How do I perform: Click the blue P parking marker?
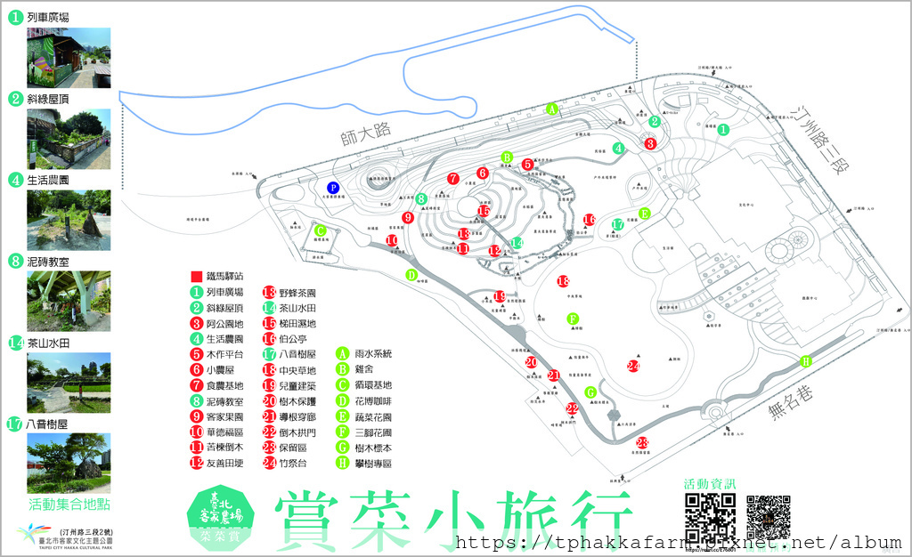(333, 188)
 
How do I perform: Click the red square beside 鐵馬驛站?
(195, 276)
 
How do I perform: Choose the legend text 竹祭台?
(298, 464)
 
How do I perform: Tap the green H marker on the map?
(806, 360)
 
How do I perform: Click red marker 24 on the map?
(633, 366)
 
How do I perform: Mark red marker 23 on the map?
(641, 443)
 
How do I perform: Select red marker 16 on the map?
(589, 220)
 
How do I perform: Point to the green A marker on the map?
(552, 109)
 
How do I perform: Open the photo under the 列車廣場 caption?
(69, 58)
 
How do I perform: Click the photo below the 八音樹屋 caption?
(69, 463)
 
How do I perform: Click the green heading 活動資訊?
(710, 483)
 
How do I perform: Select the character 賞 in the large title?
(315, 521)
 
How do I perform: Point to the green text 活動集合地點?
(69, 505)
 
